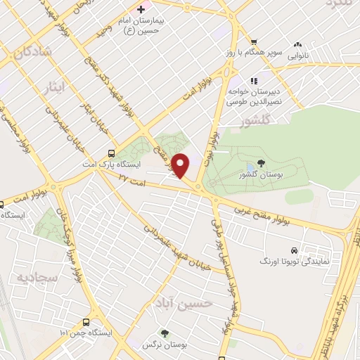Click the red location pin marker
[182, 166]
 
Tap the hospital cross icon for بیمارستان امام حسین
[141, 10]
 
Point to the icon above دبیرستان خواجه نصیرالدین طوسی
[253, 79]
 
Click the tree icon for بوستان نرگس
[165, 333]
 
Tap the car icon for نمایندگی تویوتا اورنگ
[294, 250]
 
